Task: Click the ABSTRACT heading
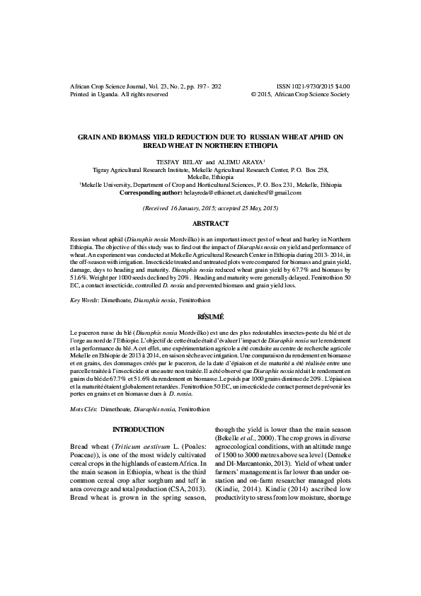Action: [x=210, y=223]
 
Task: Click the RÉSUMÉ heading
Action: [x=210, y=317]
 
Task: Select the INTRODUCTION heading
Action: [x=139, y=429]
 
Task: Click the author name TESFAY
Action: [x=182, y=161]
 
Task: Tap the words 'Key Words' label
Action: [x=84, y=301]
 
